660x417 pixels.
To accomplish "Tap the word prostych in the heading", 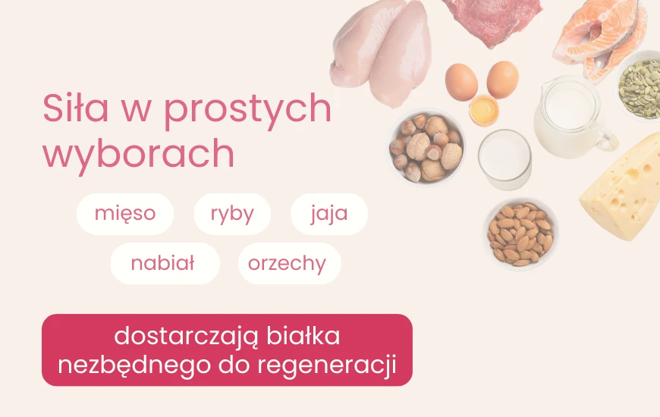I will tap(247, 111).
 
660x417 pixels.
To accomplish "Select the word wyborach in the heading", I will tap(138, 154).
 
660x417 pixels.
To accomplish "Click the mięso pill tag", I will tap(125, 213).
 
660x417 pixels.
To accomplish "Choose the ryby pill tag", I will tap(232, 213).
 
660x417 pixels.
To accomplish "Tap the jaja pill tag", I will tap(329, 213).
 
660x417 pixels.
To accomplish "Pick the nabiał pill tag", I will tap(163, 263).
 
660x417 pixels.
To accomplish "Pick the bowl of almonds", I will tap(521, 234).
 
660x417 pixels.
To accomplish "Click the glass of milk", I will tap(504, 158).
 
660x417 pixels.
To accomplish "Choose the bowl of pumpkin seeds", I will tap(640, 83).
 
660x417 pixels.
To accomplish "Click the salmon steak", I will tap(599, 34).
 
